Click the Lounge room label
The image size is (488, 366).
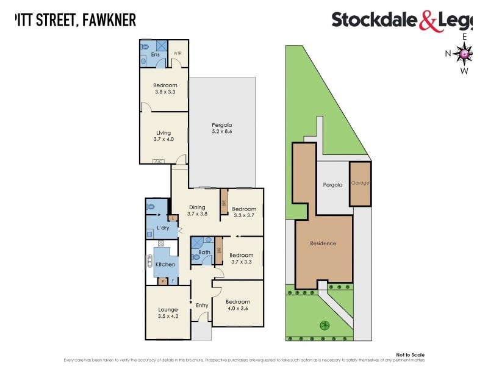(167, 313)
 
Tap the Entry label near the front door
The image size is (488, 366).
(201, 305)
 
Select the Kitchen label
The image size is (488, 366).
(165, 264)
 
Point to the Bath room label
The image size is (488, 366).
(204, 251)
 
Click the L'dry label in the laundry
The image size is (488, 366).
(163, 228)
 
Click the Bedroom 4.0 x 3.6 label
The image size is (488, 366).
(237, 305)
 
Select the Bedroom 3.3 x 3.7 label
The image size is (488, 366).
(243, 212)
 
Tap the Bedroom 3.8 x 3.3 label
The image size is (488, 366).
(165, 88)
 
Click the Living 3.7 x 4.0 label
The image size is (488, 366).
(163, 135)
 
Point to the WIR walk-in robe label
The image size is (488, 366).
(178, 53)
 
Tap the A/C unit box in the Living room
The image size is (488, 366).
(159, 161)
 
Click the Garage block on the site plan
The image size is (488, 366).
(360, 183)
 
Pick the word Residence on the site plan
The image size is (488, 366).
(323, 243)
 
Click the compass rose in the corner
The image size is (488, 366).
(465, 54)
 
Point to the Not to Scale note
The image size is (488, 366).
(410, 354)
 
